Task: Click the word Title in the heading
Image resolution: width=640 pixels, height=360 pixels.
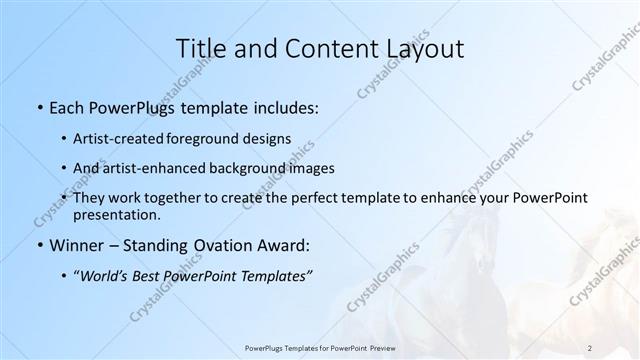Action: point(199,49)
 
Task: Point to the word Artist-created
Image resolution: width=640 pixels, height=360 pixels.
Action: point(119,138)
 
